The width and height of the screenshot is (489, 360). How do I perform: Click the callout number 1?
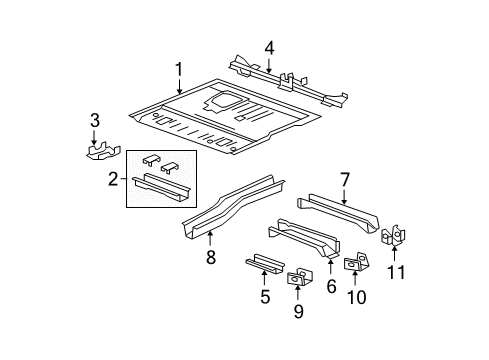[178, 69]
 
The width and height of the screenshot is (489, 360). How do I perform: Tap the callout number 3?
[95, 121]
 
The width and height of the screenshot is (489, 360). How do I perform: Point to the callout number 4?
[269, 47]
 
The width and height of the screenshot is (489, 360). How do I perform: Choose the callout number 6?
[330, 285]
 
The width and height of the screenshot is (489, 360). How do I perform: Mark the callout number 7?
[344, 180]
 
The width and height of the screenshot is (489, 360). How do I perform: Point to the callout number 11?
[397, 272]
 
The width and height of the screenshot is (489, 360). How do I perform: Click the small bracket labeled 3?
[97, 152]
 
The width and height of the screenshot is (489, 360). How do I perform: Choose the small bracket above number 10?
[355, 264]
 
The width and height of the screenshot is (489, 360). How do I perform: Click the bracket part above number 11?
[395, 237]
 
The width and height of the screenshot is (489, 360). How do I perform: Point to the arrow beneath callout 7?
[344, 197]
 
